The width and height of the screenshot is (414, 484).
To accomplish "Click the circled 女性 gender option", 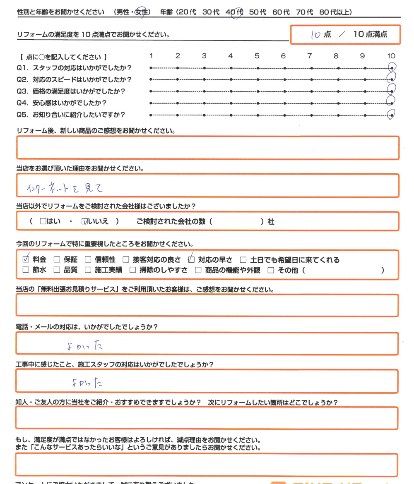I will (x=142, y=13).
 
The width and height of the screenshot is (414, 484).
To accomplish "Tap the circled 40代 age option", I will (x=235, y=13).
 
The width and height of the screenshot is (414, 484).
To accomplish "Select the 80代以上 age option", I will (x=336, y=12).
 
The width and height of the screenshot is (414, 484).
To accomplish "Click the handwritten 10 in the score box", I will (x=315, y=35).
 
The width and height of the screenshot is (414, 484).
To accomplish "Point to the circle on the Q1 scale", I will (x=391, y=67).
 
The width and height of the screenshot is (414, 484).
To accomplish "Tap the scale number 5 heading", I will (x=257, y=56).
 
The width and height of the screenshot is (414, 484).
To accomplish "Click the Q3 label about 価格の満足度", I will (x=71, y=91).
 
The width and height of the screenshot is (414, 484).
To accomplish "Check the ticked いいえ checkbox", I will (x=85, y=222).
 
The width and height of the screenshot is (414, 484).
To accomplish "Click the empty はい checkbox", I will (x=43, y=222).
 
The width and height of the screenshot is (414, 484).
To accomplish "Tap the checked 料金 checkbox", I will (x=26, y=260).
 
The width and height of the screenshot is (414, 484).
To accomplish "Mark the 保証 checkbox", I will (x=57, y=260).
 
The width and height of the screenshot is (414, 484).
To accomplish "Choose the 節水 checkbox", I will (x=26, y=271).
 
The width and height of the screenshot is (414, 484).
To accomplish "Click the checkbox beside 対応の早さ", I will (x=191, y=260).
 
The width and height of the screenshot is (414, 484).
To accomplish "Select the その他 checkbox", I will (x=271, y=271).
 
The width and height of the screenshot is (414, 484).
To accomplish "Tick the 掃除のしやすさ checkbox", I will (x=132, y=271).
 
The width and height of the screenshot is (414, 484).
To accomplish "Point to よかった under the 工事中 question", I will (x=87, y=383).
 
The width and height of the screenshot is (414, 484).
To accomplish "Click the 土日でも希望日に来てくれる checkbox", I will (x=243, y=260).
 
